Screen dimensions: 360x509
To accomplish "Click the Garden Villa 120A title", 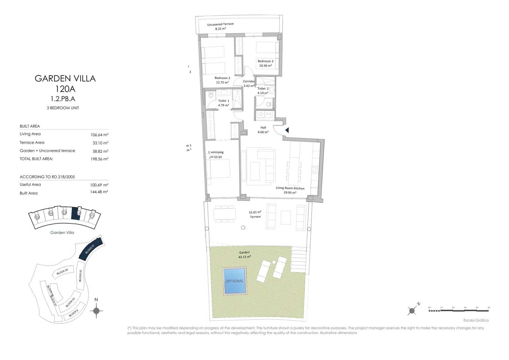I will [65, 83].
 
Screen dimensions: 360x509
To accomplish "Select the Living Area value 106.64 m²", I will [99, 135].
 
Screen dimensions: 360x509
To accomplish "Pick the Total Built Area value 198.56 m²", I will [99, 159].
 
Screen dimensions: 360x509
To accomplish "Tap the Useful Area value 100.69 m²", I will [99, 185].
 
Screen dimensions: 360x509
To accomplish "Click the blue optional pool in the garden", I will [235, 281].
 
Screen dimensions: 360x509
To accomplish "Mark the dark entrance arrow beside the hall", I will [287, 130].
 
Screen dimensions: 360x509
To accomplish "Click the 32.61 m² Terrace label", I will [255, 214].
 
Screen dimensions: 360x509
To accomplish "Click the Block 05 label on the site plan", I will [62, 272].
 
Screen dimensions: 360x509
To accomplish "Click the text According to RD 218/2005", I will [47, 177].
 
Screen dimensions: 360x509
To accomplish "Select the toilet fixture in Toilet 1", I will [211, 95].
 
